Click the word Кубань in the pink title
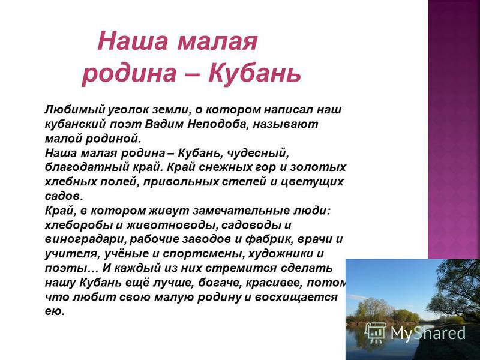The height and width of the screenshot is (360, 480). (x=254, y=73)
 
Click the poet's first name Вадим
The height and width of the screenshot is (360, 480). (x=164, y=124)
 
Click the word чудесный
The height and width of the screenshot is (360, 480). (x=258, y=153)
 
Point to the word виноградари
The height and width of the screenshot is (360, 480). (x=87, y=239)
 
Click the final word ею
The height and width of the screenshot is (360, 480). (x=55, y=311)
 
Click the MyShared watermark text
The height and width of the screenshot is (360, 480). (x=428, y=333)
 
